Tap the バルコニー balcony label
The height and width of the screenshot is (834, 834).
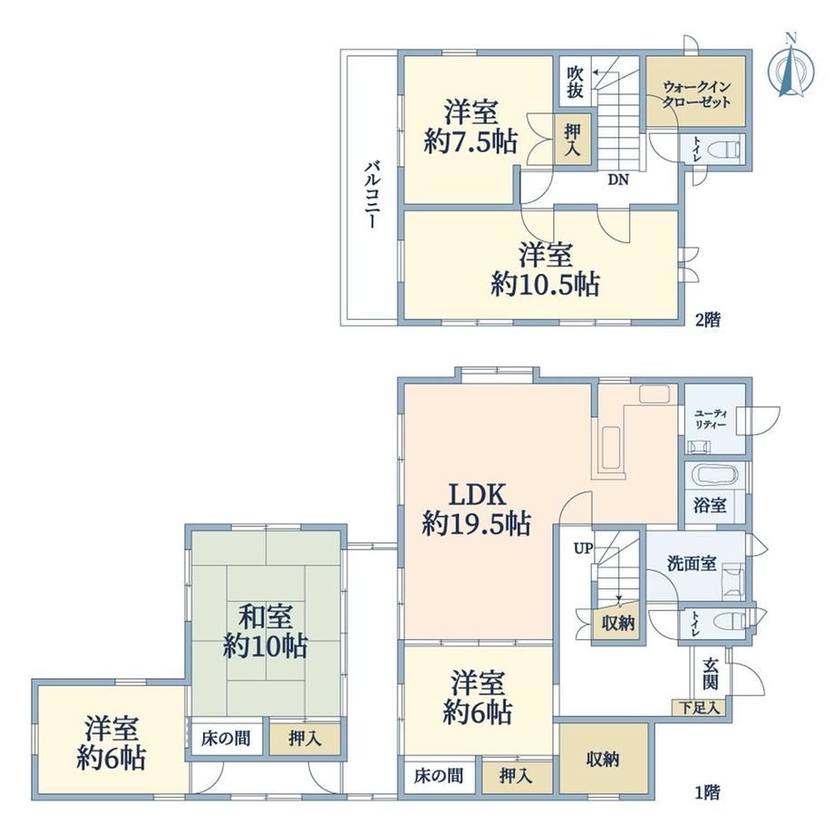tap(372, 195)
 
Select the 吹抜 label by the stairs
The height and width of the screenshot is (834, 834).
tap(575, 82)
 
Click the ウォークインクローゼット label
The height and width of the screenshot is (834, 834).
tap(696, 93)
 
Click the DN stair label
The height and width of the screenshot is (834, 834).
tap(618, 179)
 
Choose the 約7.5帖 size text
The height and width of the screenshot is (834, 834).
tap(470, 142)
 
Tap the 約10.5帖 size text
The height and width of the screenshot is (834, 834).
tap(545, 284)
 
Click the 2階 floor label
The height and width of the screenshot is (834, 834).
tap(708, 319)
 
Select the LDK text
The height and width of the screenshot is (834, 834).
tap(477, 495)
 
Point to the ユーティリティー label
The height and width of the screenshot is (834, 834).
tap(711, 420)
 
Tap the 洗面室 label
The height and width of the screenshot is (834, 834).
tap(692, 564)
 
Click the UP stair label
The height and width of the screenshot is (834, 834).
tap(582, 548)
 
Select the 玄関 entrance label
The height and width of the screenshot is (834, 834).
tap(711, 674)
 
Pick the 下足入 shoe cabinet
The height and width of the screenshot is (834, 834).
tap(698, 708)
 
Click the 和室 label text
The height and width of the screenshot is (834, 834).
tap(265, 617)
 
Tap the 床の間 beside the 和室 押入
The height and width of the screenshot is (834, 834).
tap(226, 738)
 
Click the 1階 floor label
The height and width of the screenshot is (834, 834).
tap(708, 793)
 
